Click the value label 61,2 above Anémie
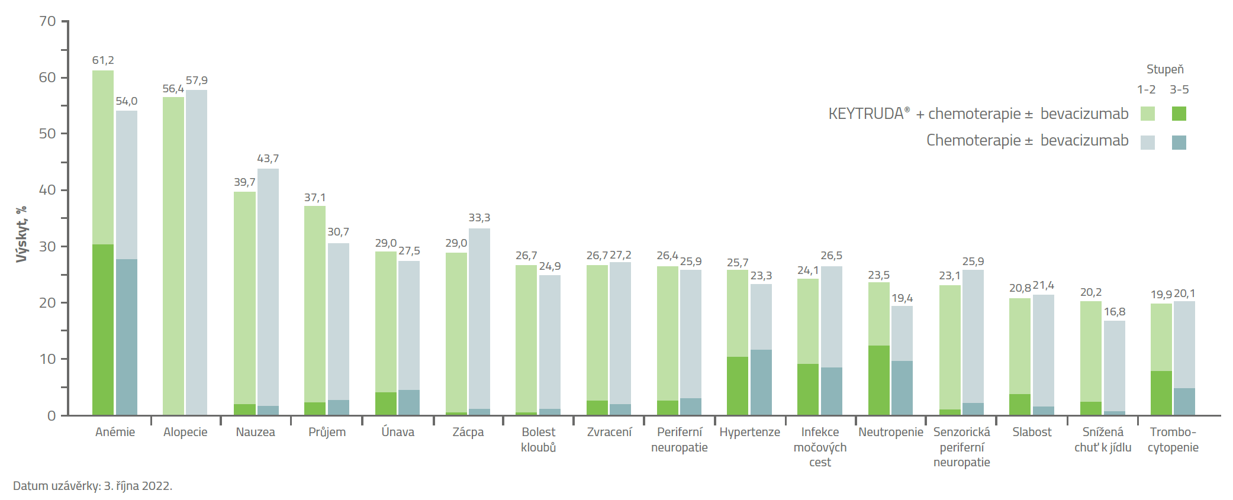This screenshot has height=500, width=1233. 103,60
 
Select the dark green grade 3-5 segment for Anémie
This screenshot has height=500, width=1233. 103,329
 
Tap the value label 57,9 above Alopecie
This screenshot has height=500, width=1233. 197,80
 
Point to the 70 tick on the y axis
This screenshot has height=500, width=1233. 47,21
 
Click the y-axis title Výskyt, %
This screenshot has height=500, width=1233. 21,234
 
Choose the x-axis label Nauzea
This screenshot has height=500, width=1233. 255,432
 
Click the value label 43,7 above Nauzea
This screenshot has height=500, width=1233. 268,159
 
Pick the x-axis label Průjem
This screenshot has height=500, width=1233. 327,432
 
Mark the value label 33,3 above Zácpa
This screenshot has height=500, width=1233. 479,218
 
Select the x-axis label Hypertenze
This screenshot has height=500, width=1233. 749,432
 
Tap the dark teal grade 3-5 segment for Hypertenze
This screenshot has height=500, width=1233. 761,382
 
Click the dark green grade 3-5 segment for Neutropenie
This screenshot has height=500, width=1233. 879,380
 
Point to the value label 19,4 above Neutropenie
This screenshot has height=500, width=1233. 902,298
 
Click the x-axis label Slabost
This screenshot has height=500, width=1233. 1032,432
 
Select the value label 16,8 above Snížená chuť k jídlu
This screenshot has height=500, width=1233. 1115,312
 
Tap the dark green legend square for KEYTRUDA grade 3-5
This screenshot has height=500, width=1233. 1179,114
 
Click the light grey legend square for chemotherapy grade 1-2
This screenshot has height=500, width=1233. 1148,142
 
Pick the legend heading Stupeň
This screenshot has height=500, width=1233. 1165,69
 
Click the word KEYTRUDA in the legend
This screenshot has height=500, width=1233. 866,114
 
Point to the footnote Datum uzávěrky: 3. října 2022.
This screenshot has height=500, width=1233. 93,486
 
